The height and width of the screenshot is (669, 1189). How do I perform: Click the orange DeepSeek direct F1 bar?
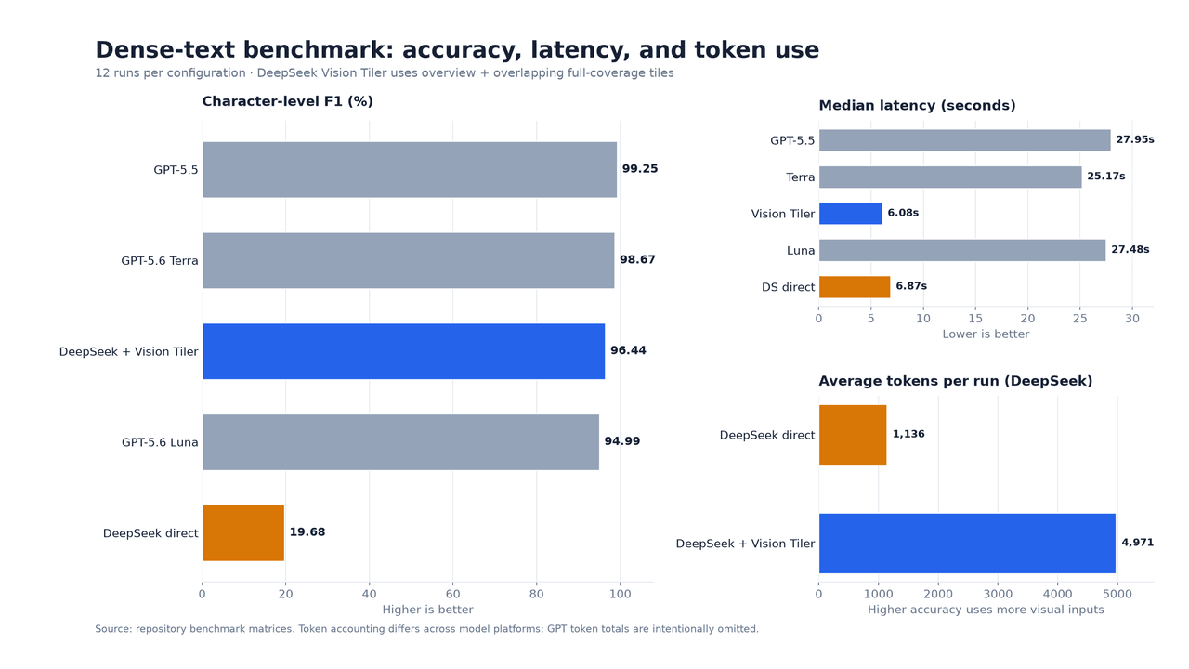243,533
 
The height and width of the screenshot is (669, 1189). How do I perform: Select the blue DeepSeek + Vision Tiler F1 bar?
404,351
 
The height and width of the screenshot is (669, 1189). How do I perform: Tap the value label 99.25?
640,169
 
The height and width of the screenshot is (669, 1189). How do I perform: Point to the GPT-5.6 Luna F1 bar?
400,442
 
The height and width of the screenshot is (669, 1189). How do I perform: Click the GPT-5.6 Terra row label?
159,261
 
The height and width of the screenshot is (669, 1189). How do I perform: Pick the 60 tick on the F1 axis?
452,594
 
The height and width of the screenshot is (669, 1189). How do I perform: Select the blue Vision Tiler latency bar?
850,214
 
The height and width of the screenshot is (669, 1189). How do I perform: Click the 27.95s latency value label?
1135,139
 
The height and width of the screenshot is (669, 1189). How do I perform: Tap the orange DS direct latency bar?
855,287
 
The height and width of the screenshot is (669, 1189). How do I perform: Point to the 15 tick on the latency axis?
975,319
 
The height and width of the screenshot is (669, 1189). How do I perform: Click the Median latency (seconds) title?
917,106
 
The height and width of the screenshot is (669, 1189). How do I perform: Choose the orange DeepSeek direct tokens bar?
853,435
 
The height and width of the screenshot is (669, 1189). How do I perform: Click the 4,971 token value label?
1138,543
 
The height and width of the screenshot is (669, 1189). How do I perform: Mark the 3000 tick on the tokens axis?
998,594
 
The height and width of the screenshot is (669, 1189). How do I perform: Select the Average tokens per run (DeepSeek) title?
956,381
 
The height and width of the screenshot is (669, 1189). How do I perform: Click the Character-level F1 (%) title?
288,101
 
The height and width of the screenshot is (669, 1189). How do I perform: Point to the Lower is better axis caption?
986,334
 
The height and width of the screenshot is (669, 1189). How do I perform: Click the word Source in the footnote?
112,629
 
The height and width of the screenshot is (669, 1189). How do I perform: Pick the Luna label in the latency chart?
801,251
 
